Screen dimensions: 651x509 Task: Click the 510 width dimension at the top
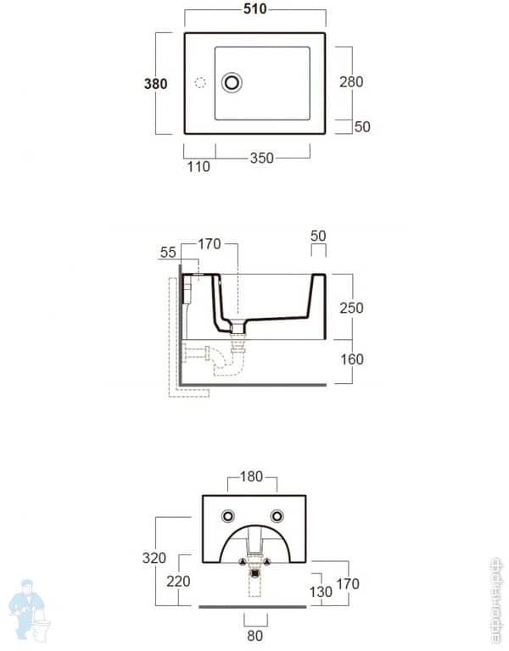coord(255,9)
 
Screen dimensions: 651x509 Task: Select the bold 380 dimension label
coord(155,83)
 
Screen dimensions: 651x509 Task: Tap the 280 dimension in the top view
coord(350,81)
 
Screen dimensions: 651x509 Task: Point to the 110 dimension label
coord(198,166)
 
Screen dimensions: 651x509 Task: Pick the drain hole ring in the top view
coord(232,82)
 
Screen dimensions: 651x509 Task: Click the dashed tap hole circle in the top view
coord(201,82)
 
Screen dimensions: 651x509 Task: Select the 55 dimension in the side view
coord(167,253)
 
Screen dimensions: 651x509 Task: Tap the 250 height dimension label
coord(350,308)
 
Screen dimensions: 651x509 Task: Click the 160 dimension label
coord(350,359)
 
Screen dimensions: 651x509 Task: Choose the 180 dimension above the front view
coord(252,477)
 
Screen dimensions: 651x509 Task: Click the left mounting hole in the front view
coord(227,516)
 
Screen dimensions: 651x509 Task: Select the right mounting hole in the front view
coord(277,516)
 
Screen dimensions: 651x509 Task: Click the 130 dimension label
coord(322,591)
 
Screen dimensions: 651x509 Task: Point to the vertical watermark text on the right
coord(496,599)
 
